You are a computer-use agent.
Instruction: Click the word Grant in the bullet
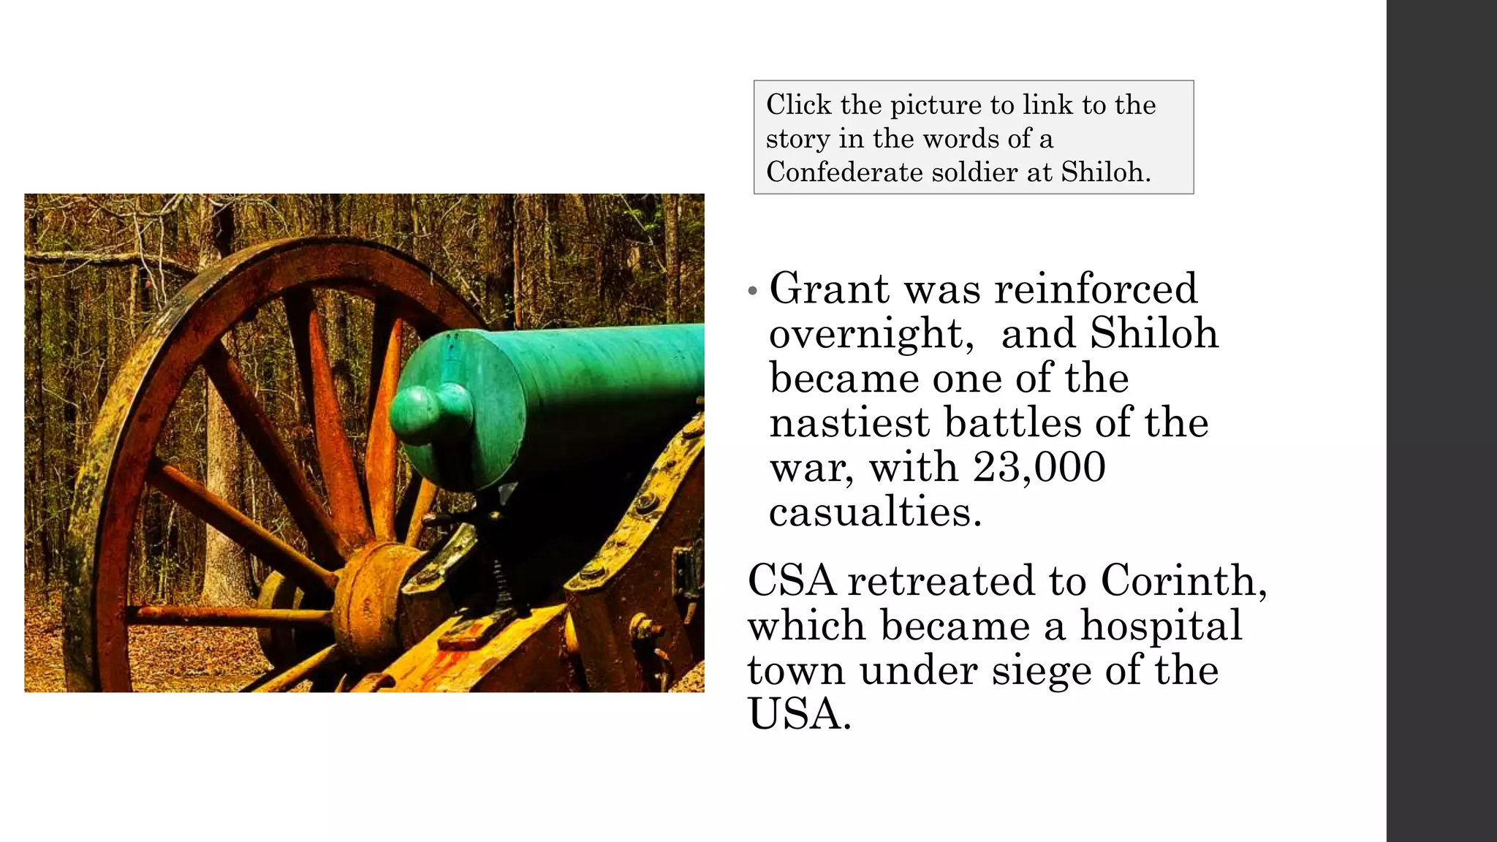point(830,289)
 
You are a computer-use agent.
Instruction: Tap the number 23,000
point(1039,467)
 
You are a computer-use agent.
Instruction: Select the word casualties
point(875,512)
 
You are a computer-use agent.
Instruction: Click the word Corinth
point(1183,581)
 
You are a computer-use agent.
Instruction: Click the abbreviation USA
point(798,714)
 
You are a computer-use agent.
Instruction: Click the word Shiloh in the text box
point(1105,172)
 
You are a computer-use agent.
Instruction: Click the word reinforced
point(1096,289)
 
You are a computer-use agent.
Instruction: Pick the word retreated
point(941,581)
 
